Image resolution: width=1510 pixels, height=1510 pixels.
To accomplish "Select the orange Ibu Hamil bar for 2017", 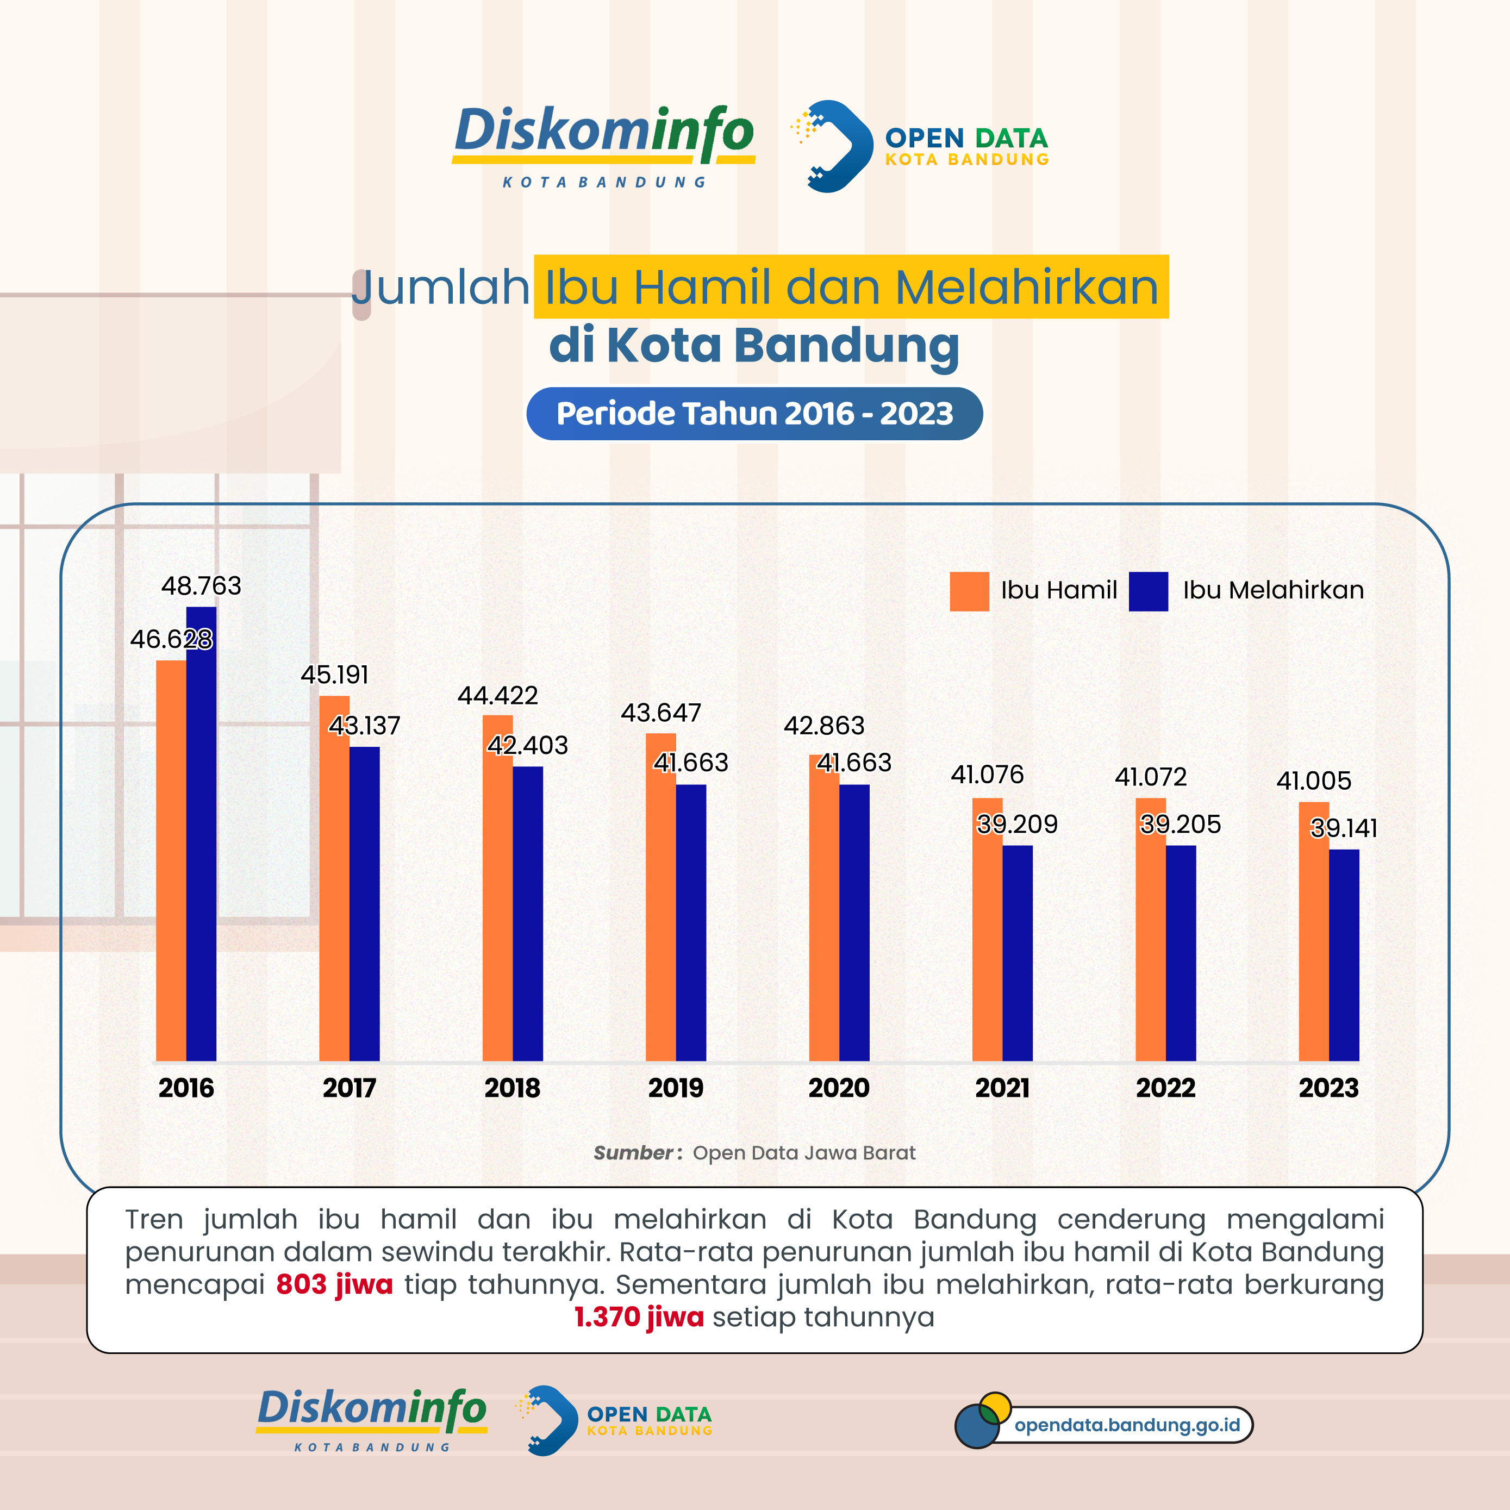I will pyautogui.click(x=334, y=883).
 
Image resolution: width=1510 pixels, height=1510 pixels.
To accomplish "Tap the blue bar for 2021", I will pyautogui.click(x=1017, y=953).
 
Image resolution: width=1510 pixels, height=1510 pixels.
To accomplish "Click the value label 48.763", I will pyautogui.click(x=201, y=585).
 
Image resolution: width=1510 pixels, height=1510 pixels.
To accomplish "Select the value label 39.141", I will pyautogui.click(x=1344, y=828).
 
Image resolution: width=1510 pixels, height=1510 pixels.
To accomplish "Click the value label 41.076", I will pyautogui.click(x=987, y=774).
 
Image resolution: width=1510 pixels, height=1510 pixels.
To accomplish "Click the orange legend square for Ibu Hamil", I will pyautogui.click(x=969, y=591).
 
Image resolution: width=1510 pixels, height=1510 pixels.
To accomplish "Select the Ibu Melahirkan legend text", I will pyautogui.click(x=1272, y=590).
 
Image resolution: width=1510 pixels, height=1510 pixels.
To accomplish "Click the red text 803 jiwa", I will pyautogui.click(x=334, y=1284).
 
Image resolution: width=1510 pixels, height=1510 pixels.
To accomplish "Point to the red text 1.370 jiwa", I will pyautogui.click(x=639, y=1317).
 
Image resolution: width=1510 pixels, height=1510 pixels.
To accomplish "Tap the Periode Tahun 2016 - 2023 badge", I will pyautogui.click(x=754, y=414).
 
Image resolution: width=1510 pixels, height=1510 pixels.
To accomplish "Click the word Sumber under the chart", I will pyautogui.click(x=632, y=1153).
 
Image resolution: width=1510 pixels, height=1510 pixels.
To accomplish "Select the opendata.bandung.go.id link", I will pyautogui.click(x=1126, y=1425).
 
